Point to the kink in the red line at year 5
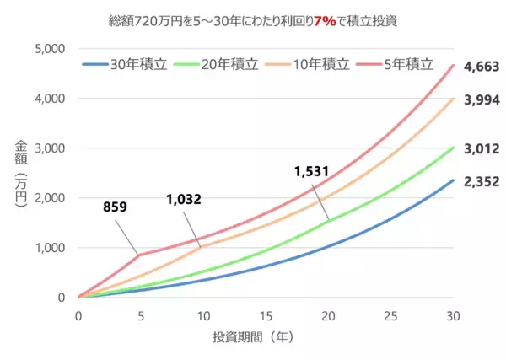pos(140,255)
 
